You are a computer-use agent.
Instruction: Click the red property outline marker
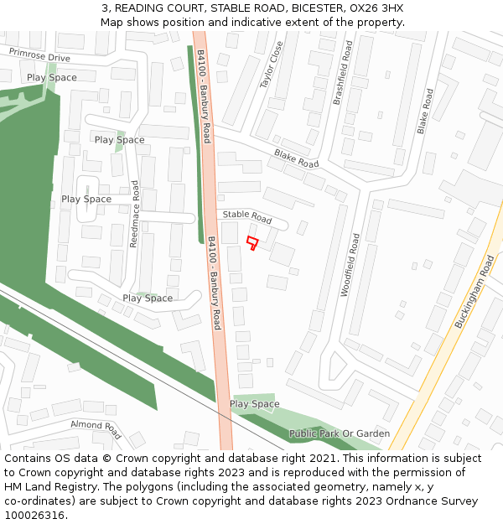252,243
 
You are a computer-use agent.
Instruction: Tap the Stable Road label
246,217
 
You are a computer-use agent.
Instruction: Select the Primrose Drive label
39,54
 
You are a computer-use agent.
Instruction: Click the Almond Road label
96,429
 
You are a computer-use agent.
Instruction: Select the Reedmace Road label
135,214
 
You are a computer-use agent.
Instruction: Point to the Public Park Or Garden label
340,433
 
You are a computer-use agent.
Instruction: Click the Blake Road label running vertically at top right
425,112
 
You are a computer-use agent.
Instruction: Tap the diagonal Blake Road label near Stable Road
296,158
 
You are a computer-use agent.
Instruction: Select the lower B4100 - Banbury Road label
215,282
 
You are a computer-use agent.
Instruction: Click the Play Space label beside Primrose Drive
51,78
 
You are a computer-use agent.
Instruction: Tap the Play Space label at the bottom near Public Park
254,404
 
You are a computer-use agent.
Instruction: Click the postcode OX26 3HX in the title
374,8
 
